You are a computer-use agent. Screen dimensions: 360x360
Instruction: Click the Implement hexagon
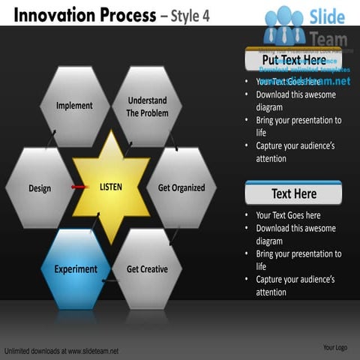coord(74,106)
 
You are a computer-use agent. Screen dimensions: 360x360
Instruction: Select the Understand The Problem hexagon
coord(147,106)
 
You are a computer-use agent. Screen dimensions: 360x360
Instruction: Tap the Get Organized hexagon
coord(181,187)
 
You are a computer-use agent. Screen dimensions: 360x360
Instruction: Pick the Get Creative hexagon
coord(147,268)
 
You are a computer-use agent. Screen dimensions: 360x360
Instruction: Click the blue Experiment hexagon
coord(75,268)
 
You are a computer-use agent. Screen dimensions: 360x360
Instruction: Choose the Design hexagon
coord(40,187)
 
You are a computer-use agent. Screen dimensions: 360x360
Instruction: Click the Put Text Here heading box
coord(293,60)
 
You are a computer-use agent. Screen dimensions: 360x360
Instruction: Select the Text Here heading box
coord(293,193)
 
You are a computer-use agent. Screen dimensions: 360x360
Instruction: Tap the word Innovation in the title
coord(52,14)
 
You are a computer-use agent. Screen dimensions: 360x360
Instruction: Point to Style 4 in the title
coord(192,15)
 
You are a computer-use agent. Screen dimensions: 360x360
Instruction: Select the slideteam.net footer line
coord(61,350)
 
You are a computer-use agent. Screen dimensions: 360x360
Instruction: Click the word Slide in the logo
coord(327,16)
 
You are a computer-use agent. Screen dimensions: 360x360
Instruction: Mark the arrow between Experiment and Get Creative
coord(111,281)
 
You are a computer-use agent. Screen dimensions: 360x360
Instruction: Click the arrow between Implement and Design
coord(50,141)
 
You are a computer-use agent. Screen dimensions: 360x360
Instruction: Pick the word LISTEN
coord(111,186)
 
